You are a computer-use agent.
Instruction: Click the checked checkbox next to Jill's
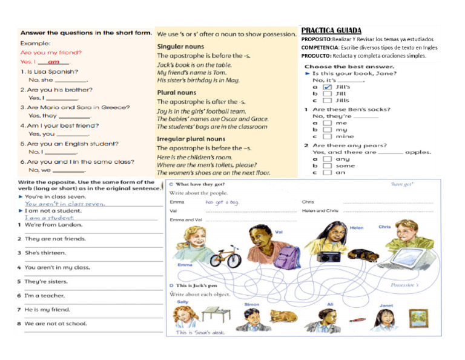point(327,87)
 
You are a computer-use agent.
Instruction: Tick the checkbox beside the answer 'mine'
point(327,136)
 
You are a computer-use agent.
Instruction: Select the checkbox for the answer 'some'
point(327,165)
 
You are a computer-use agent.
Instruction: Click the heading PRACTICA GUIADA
point(331,30)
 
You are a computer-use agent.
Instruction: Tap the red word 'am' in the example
point(53,62)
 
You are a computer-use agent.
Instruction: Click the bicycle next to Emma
point(224,256)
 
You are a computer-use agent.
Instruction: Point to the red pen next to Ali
point(357,319)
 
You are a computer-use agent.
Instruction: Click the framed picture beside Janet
point(418,317)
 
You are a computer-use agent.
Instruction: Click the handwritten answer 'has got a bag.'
point(222,202)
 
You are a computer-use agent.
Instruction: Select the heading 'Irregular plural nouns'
point(191,139)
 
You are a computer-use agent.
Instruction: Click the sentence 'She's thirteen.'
point(46,253)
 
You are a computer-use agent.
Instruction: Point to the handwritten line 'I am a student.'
point(49,218)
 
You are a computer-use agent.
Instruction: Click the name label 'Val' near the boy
point(279,232)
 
